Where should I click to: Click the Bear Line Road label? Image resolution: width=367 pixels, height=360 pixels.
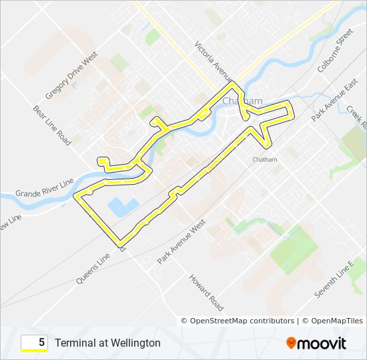coord(51,124)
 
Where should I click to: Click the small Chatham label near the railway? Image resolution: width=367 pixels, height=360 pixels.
coord(265,159)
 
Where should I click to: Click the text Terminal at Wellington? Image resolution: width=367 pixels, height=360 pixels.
coord(107,343)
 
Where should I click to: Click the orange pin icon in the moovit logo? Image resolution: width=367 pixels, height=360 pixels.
coord(291,343)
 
